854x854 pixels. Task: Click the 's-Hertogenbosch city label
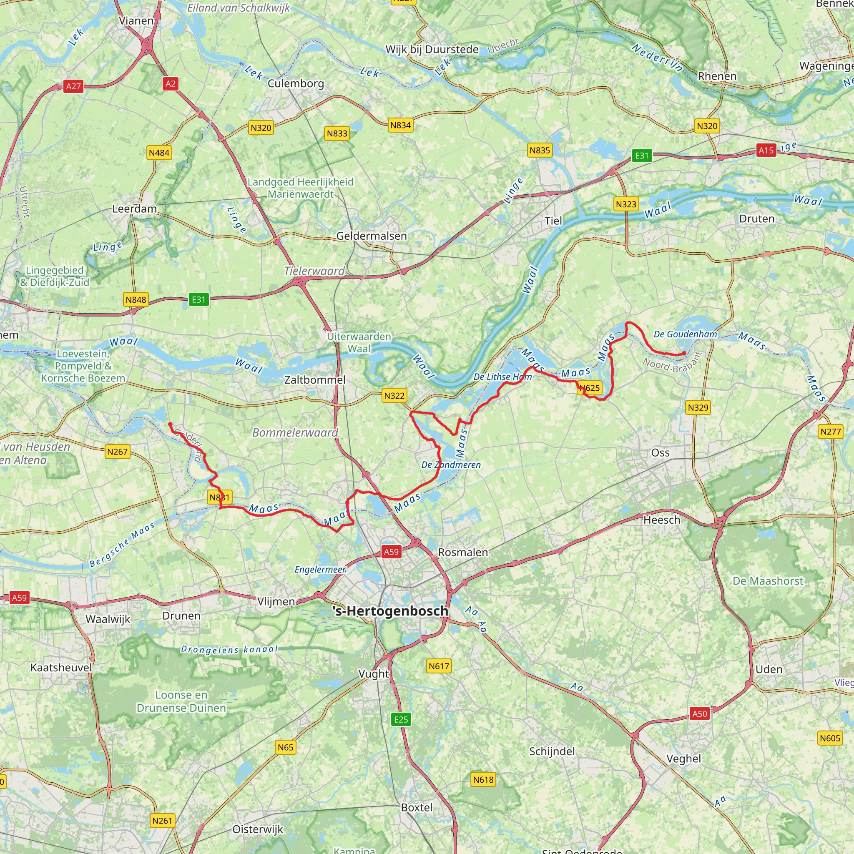[390, 611]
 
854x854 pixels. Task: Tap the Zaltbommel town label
[315, 380]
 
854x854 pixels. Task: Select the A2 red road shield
[170, 83]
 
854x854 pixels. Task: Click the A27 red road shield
[73, 86]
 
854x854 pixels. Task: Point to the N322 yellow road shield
[394, 396]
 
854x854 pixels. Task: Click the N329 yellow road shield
[698, 407]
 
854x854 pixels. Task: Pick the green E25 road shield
[401, 719]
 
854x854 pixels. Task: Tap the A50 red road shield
[699, 713]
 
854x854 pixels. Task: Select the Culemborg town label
[296, 83]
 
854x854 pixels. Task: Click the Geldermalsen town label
[371, 236]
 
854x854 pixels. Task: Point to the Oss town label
[660, 452]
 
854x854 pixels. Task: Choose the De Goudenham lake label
[685, 334]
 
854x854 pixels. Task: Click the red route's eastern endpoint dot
[684, 353]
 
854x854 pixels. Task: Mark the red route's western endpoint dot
[170, 424]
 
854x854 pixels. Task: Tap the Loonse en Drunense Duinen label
[181, 701]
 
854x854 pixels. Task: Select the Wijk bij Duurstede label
[432, 50]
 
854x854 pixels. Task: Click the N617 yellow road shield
[439, 666]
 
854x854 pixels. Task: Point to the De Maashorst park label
[768, 581]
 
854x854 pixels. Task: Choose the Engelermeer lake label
[321, 570]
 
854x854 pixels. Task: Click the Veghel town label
[683, 759]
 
